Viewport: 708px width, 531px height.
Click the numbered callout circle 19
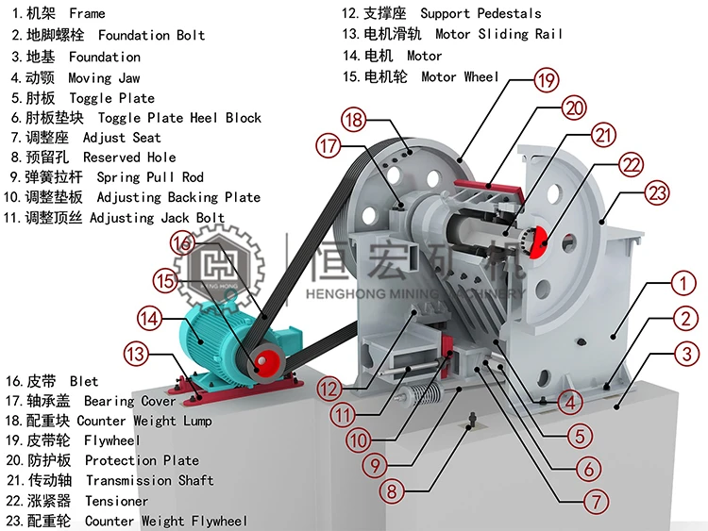point(546,80)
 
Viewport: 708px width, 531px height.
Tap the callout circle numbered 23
point(657,194)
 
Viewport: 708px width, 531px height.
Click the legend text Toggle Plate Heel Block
point(179,118)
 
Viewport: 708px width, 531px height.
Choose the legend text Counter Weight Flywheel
point(166,521)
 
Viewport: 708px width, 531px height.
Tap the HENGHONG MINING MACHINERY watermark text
point(415,294)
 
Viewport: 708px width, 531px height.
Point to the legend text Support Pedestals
point(480,13)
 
